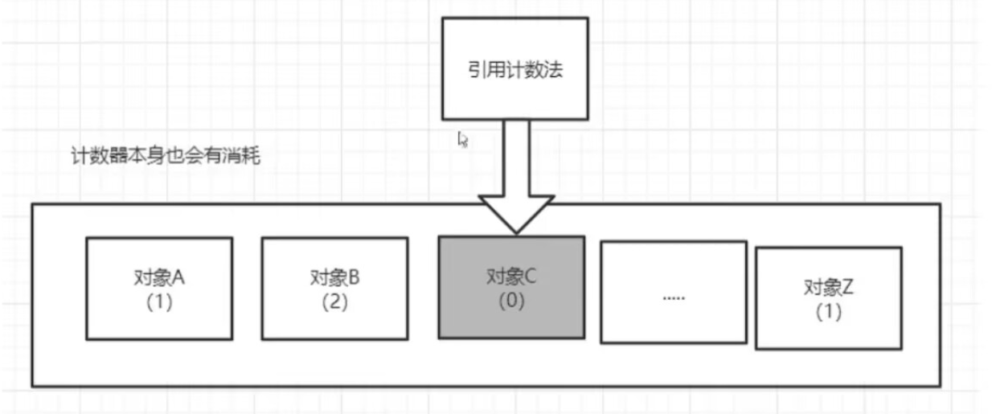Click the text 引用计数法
[515, 70]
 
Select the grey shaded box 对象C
[510, 286]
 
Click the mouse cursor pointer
[463, 139]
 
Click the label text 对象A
[159, 278]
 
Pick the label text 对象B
[334, 278]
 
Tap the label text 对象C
[510, 278]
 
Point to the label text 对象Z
[828, 288]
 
